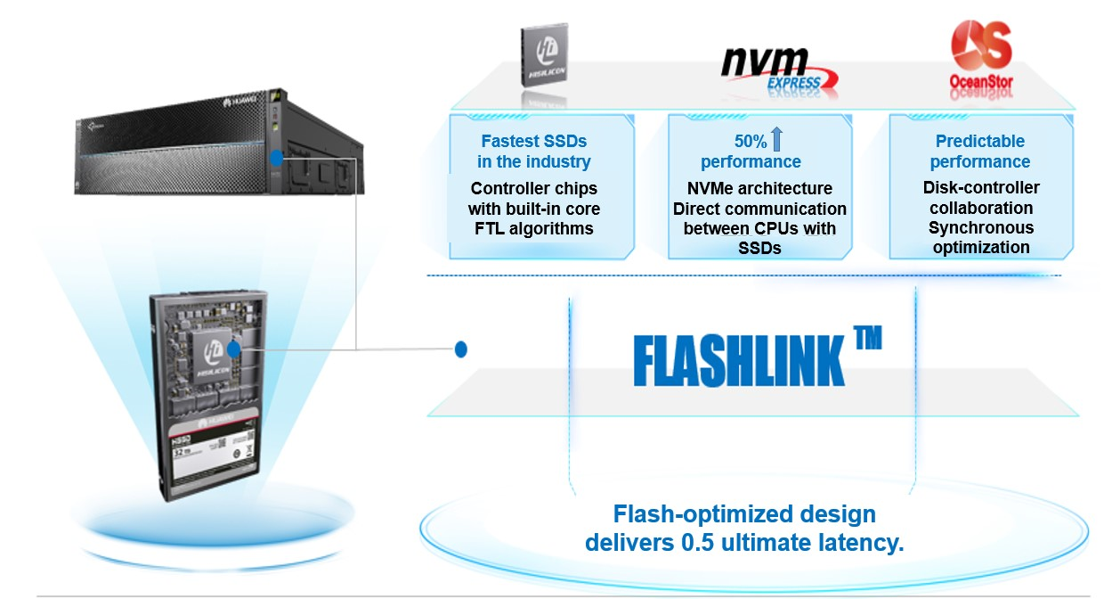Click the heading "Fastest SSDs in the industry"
coord(534,152)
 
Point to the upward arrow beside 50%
coord(776,139)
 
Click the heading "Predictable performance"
coord(979,152)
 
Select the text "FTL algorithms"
coord(534,229)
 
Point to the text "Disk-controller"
coord(981,187)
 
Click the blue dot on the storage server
coord(277,158)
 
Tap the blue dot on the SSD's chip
coord(235,349)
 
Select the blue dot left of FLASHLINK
coord(461,349)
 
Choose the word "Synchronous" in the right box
coord(981,228)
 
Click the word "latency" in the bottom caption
coord(861,543)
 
